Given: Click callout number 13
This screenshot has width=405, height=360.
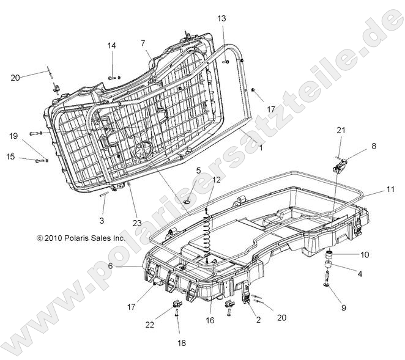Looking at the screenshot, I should pos(221,19).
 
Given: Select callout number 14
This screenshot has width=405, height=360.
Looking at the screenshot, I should pos(112,46).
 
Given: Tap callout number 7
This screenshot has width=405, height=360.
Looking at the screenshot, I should pos(143,43).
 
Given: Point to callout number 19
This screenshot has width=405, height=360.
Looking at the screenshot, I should pos(13,136).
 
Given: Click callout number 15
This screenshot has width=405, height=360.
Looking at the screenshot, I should pos(10,157).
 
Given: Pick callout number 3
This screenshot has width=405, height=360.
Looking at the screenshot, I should pos(102,219).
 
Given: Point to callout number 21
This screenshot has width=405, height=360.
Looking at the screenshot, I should pos(341,130).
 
